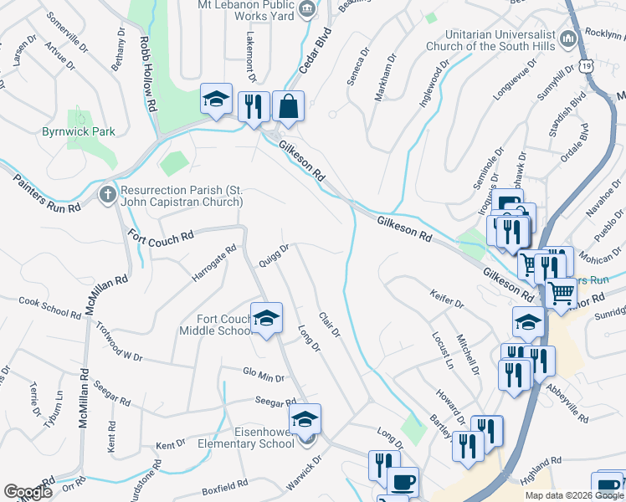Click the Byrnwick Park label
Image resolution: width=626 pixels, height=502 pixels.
[79, 131]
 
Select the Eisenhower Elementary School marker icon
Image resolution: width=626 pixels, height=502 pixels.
[305, 419]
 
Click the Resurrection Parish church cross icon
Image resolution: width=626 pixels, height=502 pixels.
[107, 195]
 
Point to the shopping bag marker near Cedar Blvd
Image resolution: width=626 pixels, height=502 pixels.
[288, 106]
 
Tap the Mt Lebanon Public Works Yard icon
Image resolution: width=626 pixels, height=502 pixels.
[307, 8]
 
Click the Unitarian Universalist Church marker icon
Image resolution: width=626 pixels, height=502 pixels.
[567, 38]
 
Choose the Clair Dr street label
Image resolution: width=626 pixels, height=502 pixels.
[330, 325]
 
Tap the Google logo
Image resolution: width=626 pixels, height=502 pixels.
[28, 492]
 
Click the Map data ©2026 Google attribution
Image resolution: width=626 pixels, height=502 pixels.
[572, 495]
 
